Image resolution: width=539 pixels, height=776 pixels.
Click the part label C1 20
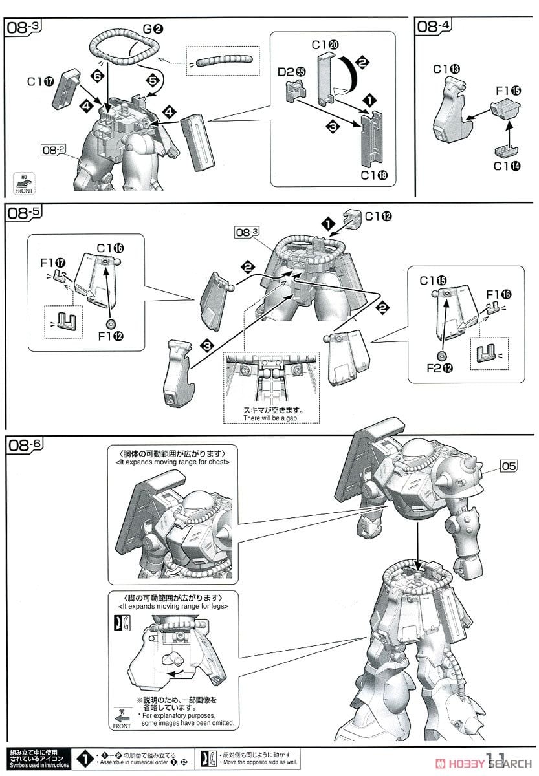(324, 45)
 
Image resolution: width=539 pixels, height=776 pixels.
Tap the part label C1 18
(377, 175)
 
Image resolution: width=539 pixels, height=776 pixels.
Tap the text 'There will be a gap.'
(272, 418)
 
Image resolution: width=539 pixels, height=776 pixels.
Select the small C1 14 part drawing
(507, 150)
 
